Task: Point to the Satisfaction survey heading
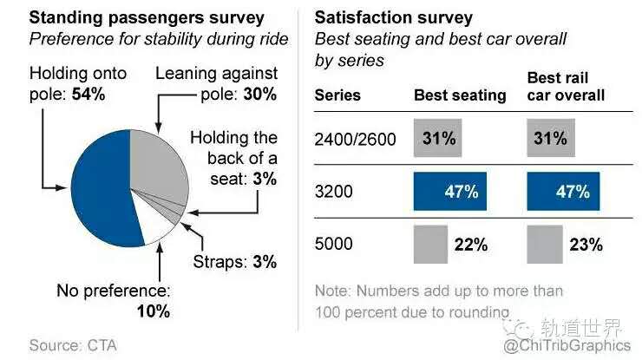[393, 17]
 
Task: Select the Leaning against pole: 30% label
[216, 83]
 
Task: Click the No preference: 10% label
[115, 300]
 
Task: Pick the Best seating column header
[460, 95]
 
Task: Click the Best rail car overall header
[566, 86]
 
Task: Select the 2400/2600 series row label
[350, 139]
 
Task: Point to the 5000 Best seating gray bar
[430, 244]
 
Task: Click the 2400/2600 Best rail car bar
[548, 139]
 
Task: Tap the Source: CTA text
[73, 345]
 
